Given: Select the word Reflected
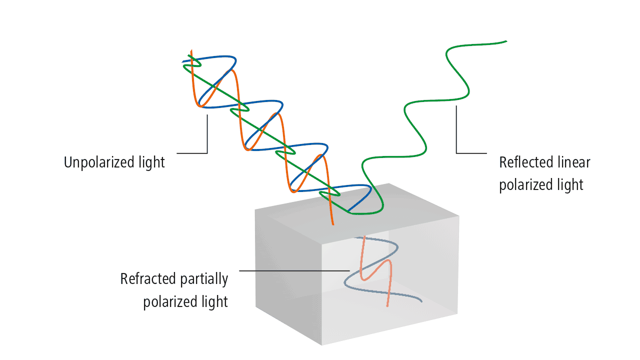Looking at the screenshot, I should (x=525, y=163).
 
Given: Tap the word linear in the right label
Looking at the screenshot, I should (x=573, y=163).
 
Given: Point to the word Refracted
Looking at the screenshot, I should (x=148, y=279).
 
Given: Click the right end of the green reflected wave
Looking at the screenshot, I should (x=506, y=41).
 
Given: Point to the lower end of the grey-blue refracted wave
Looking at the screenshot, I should (x=421, y=301).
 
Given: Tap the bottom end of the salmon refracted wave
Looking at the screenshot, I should (x=387, y=305).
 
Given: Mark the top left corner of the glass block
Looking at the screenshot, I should (x=255, y=210).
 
